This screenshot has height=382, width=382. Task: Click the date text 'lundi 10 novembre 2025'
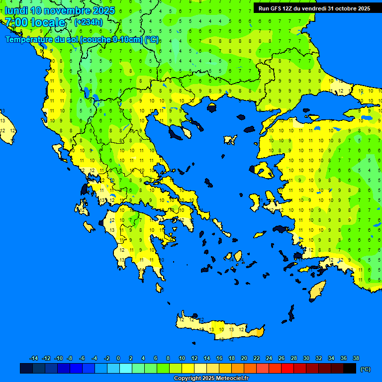pyautogui.click(x=60, y=10)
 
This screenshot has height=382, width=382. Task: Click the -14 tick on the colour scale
pyautogui.click(x=34, y=358)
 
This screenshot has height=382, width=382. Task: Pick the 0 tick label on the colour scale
pyautogui.click(x=118, y=358)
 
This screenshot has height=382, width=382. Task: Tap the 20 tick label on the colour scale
pyautogui.click(x=244, y=358)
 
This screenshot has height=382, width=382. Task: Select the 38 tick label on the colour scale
pyautogui.click(x=356, y=358)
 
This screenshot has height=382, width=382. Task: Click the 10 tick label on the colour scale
pyautogui.click(x=182, y=358)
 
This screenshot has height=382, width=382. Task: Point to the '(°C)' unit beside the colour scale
pyautogui.click(x=366, y=369)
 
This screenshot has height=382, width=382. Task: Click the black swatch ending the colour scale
pyautogui.click(x=350, y=369)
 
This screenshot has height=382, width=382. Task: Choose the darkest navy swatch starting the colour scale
pyautogui.click(x=26, y=369)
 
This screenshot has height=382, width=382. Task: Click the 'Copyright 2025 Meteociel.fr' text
pyautogui.click(x=211, y=379)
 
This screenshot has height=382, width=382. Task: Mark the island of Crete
pyautogui.click(x=219, y=328)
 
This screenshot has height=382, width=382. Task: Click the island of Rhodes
pyautogui.click(x=317, y=291)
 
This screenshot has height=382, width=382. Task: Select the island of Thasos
pyautogui.click(x=212, y=107)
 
